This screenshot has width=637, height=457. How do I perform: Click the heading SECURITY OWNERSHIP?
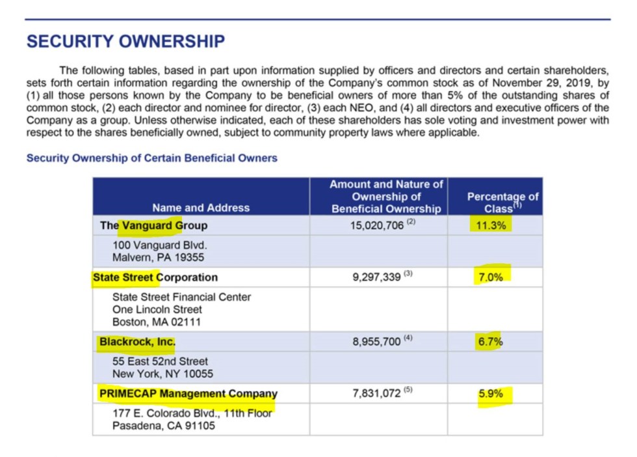pos(125,42)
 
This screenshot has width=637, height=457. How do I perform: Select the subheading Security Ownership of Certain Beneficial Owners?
pos(151,158)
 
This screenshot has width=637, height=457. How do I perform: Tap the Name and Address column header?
pos(201,208)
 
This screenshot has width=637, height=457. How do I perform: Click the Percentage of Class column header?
pos(502,202)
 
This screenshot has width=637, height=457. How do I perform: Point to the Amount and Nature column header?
pos(386,197)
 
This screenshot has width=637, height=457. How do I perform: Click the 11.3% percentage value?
pos(491,226)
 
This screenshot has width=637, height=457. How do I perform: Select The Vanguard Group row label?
pos(153,226)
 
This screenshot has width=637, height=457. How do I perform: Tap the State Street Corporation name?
pos(155,277)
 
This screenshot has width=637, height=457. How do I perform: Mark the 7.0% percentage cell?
pos(491,277)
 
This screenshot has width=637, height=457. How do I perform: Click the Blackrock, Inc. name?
pos(137,341)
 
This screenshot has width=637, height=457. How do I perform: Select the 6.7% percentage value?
pos(491,342)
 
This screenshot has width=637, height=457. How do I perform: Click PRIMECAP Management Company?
pos(188,393)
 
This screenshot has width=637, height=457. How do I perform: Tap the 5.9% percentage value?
pos(491,393)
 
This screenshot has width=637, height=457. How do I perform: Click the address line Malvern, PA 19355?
pos(157,257)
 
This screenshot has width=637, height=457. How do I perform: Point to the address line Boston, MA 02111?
pos(157,322)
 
